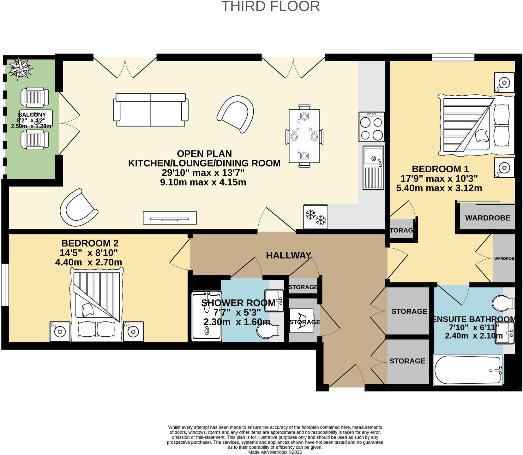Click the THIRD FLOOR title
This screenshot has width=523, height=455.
coord(271,6)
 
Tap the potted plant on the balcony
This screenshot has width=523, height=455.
coord(20,68)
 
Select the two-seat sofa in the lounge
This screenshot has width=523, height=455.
coord(151,109)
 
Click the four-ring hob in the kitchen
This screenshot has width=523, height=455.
coord(371,127)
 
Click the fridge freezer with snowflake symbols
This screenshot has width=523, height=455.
coord(316,216)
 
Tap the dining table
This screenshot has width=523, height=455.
coord(304,136)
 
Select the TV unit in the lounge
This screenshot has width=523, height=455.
coord(170,218)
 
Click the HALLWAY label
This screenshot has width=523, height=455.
coord(289,255)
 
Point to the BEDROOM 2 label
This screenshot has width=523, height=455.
coord(90,243)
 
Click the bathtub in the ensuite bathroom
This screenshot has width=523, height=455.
coord(468,370)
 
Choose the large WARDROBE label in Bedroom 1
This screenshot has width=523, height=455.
coord(488,218)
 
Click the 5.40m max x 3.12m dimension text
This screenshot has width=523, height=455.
coord(439,188)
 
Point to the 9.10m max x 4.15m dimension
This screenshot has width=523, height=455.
coord(203,182)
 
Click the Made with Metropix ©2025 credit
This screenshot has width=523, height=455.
coord(275,452)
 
